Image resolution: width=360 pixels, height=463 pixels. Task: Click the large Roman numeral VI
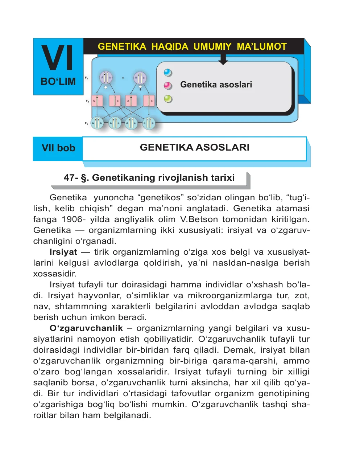pyautogui.click(x=58, y=58)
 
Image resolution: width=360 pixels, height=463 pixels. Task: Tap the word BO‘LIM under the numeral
pyautogui.click(x=58, y=82)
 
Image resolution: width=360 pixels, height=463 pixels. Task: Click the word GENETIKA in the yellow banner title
pyautogui.click(x=122, y=47)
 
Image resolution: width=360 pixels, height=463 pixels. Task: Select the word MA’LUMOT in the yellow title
pyautogui.click(x=261, y=47)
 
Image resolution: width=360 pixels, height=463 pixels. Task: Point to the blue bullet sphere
pyautogui.click(x=168, y=73)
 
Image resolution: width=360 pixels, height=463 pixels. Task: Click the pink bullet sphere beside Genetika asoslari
pyautogui.click(x=168, y=86)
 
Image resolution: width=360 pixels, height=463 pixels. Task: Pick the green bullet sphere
pyautogui.click(x=168, y=99)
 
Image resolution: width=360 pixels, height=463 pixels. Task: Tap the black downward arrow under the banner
pyautogui.click(x=223, y=60)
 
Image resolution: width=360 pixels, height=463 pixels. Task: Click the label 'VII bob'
pyautogui.click(x=58, y=148)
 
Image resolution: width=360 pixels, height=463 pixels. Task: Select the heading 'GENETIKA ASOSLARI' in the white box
pyautogui.click(x=195, y=147)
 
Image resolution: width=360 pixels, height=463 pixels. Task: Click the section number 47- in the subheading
pyautogui.click(x=71, y=178)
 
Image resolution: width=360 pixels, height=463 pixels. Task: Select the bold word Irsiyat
pyautogui.click(x=63, y=252)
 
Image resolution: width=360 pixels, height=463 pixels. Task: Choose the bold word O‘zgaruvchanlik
pyautogui.click(x=86, y=328)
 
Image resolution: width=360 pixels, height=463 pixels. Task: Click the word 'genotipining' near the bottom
pyautogui.click(x=284, y=394)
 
